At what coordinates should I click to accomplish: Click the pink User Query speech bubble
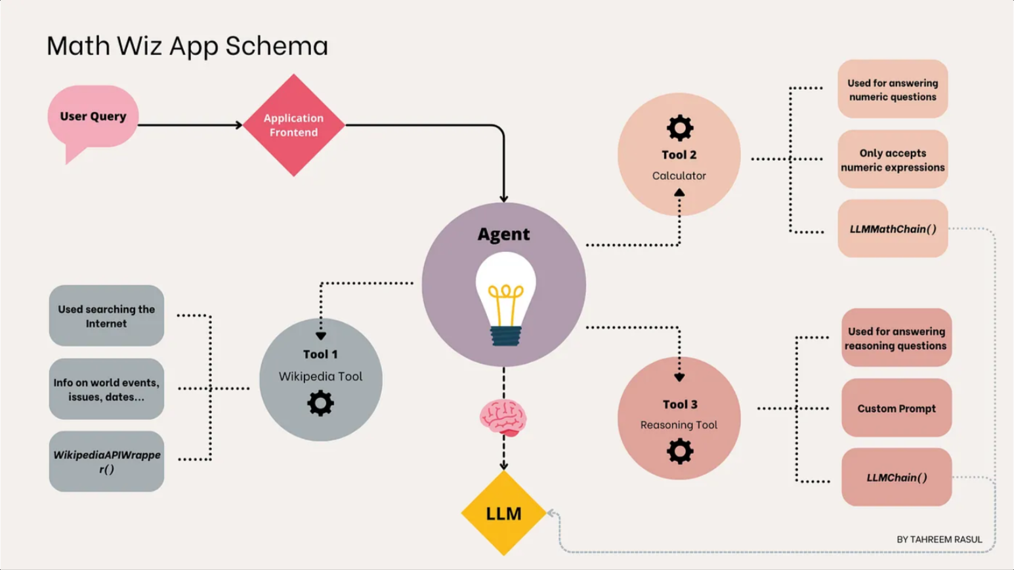pos(93,117)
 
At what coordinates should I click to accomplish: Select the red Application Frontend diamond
pos(293,125)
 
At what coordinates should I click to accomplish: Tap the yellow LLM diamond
pos(503,513)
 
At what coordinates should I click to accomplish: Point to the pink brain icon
pos(503,417)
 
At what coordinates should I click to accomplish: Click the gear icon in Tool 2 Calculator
pos(679,128)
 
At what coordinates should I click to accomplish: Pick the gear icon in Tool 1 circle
pos(320,403)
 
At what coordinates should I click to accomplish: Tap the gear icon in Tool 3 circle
pos(679,451)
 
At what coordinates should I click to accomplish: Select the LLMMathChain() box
pos(893,229)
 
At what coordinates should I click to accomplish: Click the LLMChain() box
pos(897,478)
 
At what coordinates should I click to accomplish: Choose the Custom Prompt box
pos(897,408)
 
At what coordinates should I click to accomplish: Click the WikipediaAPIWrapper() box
pos(106,462)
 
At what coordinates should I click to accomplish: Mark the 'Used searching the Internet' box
pos(106,316)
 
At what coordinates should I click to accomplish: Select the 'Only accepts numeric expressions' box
pos(893,159)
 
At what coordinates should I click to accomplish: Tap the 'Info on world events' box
pos(106,389)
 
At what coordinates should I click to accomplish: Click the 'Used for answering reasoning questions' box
pos(897,338)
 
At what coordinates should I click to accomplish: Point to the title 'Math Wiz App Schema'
pos(187,46)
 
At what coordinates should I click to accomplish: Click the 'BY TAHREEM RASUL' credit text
pos(939,539)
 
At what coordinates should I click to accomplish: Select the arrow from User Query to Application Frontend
pos(190,125)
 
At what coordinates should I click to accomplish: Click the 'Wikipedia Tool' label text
pos(320,377)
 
